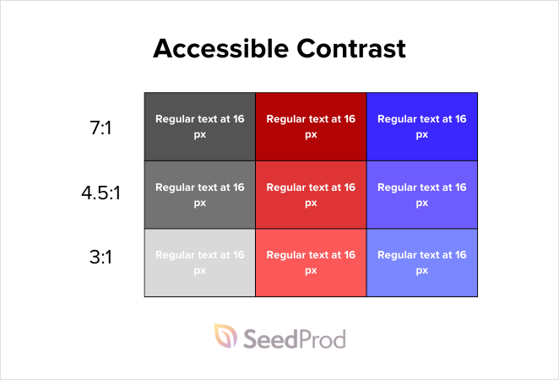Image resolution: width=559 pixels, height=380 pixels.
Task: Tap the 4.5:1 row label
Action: (x=101, y=193)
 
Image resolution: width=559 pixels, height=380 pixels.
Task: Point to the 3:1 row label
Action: (x=101, y=257)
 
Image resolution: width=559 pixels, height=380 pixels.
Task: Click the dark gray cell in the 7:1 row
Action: (x=200, y=127)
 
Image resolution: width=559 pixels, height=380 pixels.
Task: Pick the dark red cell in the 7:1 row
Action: (x=311, y=127)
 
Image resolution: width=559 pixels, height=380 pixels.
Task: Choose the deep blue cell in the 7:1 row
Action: (x=422, y=127)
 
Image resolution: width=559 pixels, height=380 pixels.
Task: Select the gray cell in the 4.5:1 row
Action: (x=200, y=194)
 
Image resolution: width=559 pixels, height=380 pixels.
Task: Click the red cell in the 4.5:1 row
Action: (x=311, y=194)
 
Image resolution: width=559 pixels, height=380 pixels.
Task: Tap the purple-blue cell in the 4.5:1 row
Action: (x=422, y=194)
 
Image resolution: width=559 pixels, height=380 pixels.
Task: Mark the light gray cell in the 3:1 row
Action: (x=200, y=263)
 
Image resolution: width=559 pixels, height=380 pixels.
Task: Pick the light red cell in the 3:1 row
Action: (x=311, y=263)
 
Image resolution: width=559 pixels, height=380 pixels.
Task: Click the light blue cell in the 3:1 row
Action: (x=422, y=263)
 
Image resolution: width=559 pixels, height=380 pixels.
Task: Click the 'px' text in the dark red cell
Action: (x=311, y=134)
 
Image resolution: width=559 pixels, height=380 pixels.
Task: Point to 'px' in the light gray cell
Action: (x=200, y=270)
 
